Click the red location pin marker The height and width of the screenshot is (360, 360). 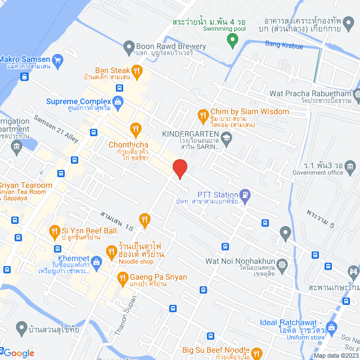(179, 168)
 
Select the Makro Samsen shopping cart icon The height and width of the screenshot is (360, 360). (57, 59)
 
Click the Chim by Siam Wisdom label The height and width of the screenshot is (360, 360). (249, 111)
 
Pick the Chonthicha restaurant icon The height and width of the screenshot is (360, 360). (135, 130)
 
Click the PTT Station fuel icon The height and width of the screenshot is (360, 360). (246, 195)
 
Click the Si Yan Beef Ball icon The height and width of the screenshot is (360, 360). (55, 231)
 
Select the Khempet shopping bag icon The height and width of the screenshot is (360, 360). (97, 261)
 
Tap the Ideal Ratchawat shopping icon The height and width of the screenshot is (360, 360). (331, 327)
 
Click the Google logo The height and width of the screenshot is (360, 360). (18, 353)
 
